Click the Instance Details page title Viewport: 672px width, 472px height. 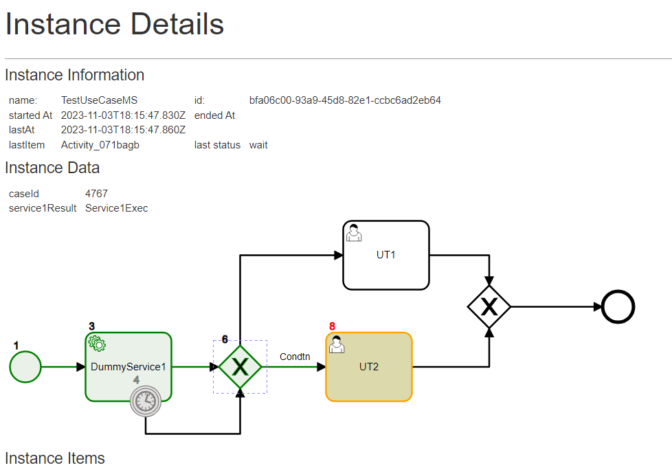(115, 25)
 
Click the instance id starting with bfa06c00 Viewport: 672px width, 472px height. (345, 100)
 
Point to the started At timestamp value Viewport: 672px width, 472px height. (123, 115)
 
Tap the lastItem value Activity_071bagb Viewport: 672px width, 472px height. (100, 145)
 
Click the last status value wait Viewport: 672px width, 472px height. (258, 145)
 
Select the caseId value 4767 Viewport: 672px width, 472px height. (96, 194)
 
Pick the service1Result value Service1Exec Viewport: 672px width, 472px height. (116, 208)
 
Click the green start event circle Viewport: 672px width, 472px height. (25, 367)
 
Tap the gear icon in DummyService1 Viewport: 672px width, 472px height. (97, 344)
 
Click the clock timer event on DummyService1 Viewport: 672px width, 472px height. (146, 401)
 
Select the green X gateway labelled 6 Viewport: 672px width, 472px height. (240, 367)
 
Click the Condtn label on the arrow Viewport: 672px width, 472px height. (295, 357)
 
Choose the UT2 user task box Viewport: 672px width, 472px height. (369, 367)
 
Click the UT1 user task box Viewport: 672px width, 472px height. (385, 255)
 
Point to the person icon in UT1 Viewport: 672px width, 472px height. (354, 232)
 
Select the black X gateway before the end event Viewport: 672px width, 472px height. (489, 306)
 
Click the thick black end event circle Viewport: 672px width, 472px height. (618, 306)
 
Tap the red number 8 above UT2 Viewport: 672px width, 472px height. (333, 326)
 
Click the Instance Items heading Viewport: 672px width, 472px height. (55, 458)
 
